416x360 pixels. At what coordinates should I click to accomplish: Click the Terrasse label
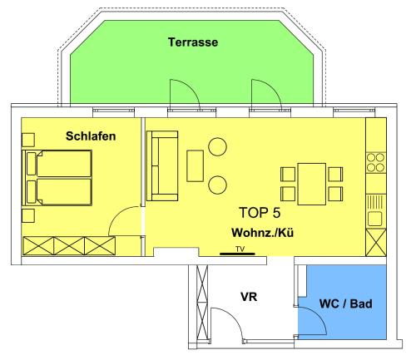click(x=193, y=42)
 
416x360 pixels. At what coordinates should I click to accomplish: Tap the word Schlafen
click(x=91, y=136)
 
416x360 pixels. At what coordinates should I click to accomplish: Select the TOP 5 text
click(x=260, y=213)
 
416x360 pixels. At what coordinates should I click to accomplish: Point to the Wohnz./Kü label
click(x=262, y=233)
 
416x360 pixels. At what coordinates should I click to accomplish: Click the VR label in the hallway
click(x=249, y=297)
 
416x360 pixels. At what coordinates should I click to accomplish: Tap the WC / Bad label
click(x=345, y=303)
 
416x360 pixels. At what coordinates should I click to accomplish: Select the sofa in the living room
click(x=162, y=165)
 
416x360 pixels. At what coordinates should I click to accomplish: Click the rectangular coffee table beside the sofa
click(x=195, y=165)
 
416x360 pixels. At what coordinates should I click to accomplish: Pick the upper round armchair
click(x=218, y=146)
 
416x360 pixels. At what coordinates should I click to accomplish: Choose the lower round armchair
click(x=218, y=185)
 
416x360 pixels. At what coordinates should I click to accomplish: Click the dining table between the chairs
click(x=311, y=184)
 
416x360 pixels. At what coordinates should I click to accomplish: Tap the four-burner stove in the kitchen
click(x=376, y=163)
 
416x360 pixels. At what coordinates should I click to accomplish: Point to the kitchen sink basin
click(x=375, y=219)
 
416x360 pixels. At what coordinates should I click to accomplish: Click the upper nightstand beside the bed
click(x=28, y=140)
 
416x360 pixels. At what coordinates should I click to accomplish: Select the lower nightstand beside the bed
click(x=28, y=215)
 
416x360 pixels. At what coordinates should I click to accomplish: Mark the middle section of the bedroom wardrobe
click(x=69, y=245)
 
